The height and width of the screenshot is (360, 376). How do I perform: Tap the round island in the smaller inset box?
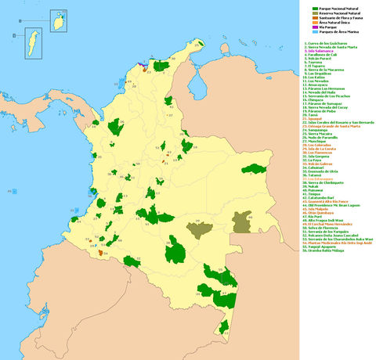click(58, 16)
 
